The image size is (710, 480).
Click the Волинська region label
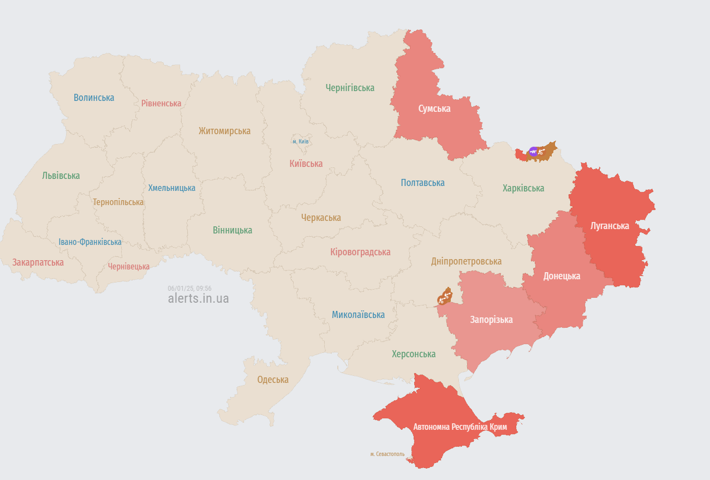(x=94, y=98)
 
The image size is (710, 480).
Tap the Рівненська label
(x=161, y=103)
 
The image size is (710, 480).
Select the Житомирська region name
(x=224, y=131)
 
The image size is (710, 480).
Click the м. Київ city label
(x=301, y=141)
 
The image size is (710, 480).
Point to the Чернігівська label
(x=350, y=88)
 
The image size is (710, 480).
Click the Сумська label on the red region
(x=434, y=109)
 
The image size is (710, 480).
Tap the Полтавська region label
(x=422, y=183)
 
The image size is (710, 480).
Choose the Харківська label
(x=523, y=188)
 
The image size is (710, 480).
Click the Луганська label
(x=610, y=226)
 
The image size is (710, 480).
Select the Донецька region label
(x=562, y=276)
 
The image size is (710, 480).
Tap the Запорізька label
(x=491, y=320)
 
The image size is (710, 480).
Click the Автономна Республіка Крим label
(x=460, y=427)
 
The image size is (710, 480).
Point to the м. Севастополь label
(x=387, y=454)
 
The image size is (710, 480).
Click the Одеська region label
(x=273, y=380)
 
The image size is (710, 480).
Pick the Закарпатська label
(x=38, y=262)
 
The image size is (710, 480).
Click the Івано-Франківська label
(x=90, y=242)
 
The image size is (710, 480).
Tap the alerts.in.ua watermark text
(x=198, y=298)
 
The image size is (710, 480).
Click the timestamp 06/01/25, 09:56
(x=189, y=288)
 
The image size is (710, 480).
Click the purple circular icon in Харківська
(x=533, y=151)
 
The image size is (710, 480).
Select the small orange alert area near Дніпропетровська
(x=445, y=297)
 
